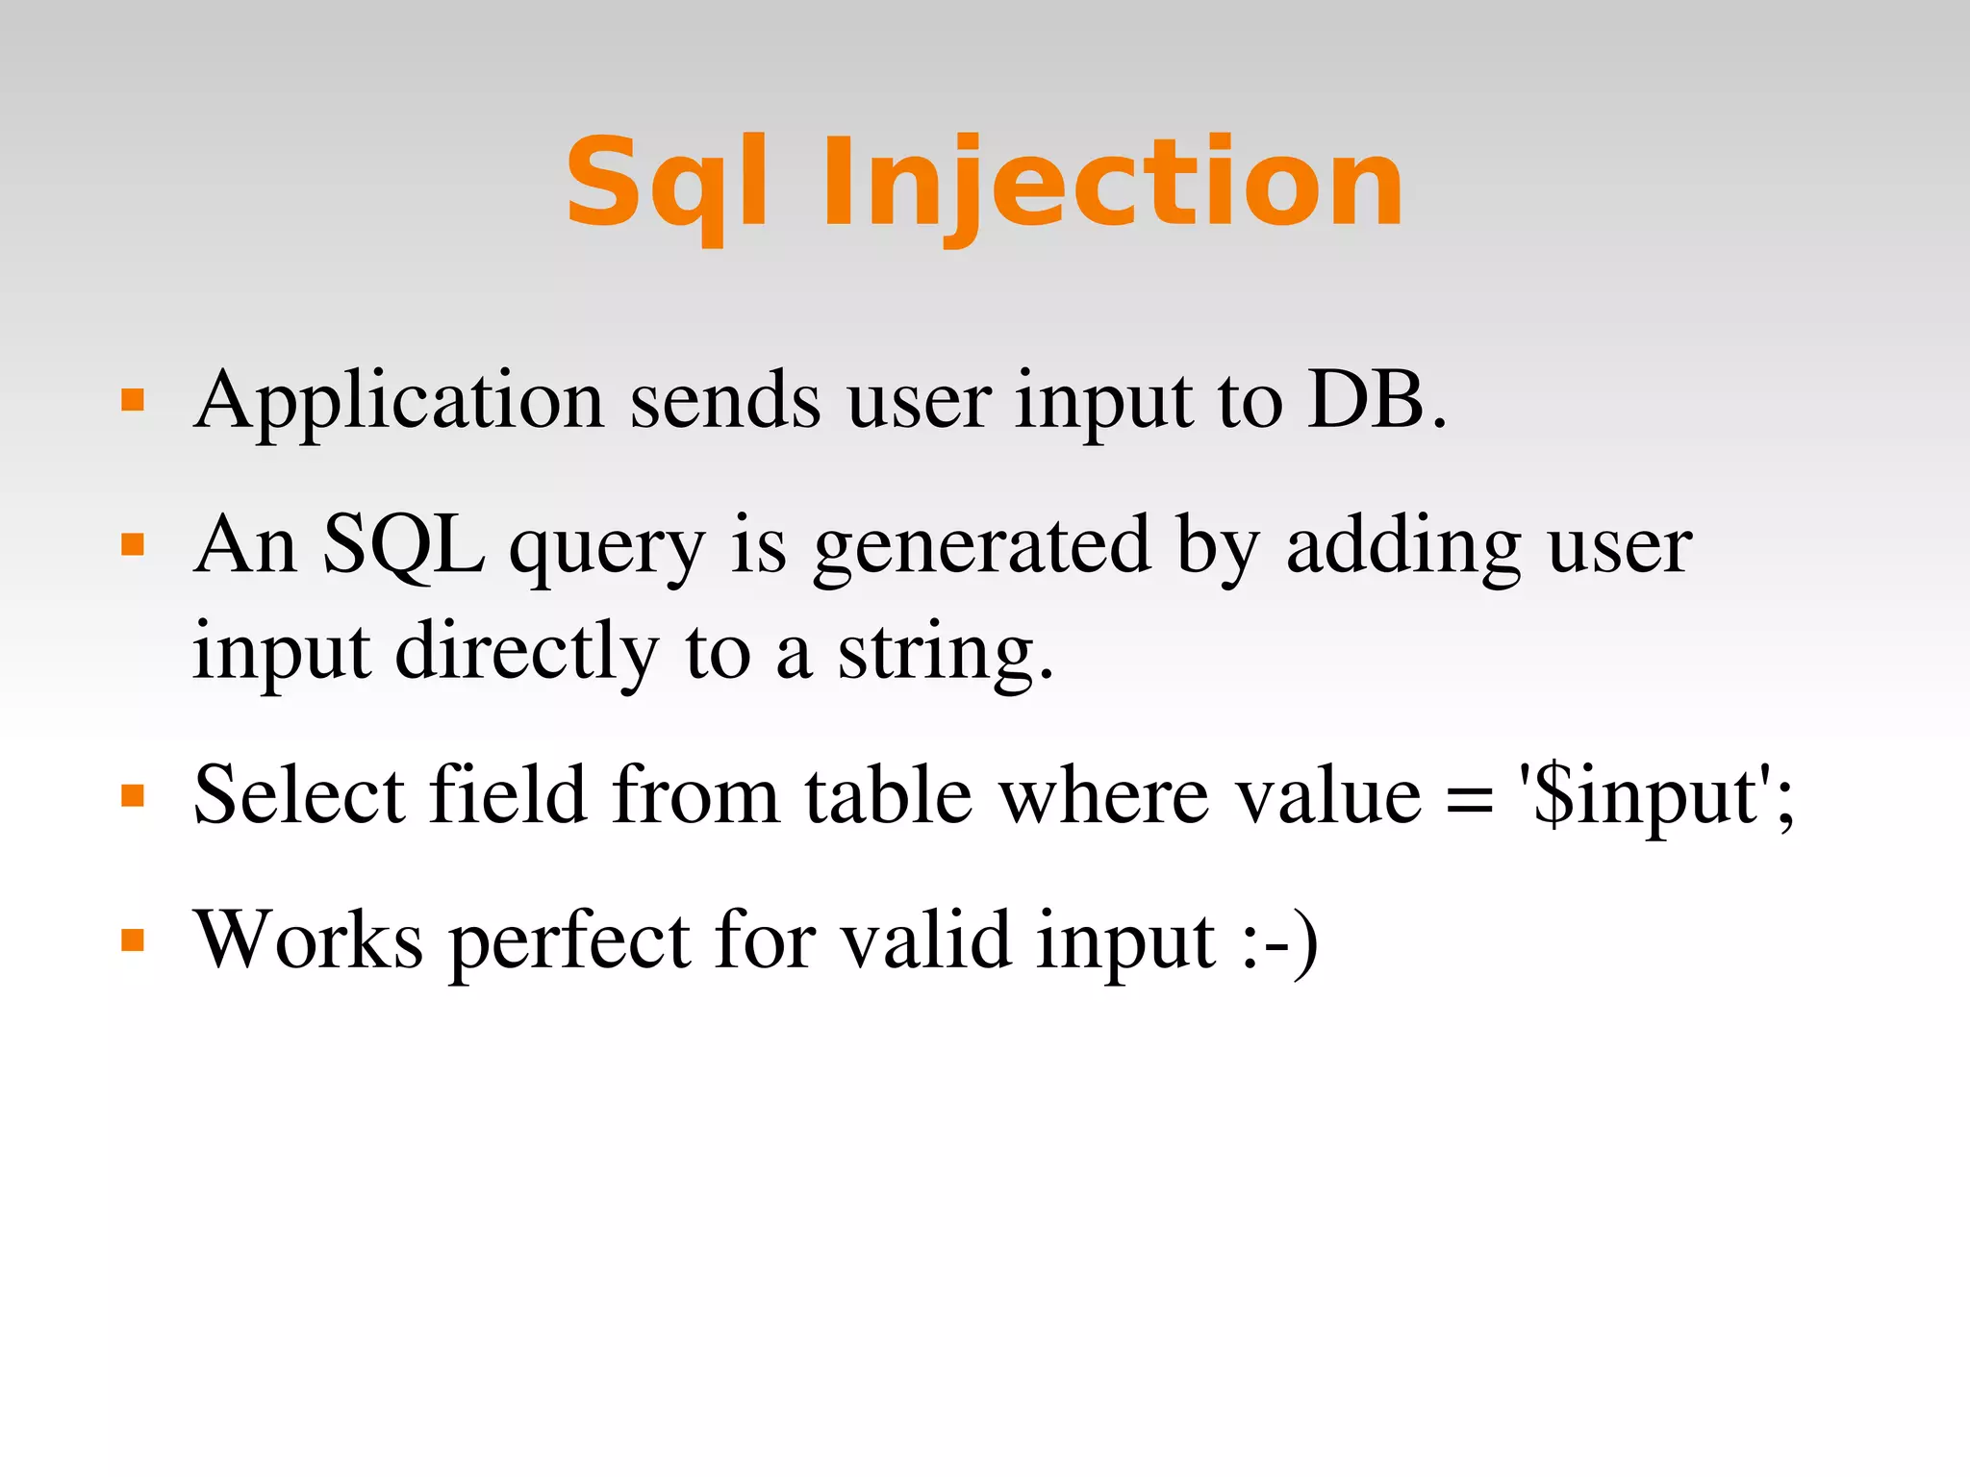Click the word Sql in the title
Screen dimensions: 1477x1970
click(x=667, y=185)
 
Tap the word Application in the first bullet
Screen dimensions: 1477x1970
click(x=398, y=402)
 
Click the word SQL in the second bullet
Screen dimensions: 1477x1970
click(x=404, y=546)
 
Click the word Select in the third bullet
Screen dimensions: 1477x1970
click(x=299, y=796)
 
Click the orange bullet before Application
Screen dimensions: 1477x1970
click(x=133, y=400)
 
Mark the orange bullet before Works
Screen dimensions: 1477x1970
click(x=133, y=939)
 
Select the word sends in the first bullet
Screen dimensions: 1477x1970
click(x=725, y=402)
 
